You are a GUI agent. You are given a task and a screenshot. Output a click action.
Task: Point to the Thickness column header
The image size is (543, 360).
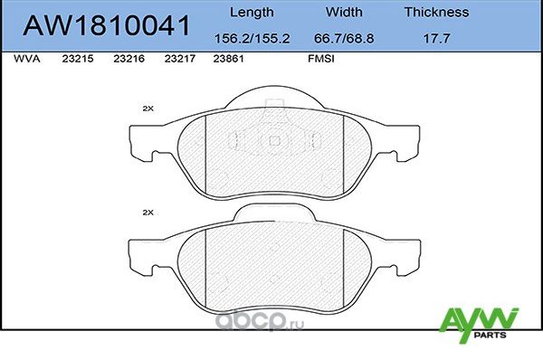[436, 13]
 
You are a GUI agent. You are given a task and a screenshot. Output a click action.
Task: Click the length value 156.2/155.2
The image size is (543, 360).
[250, 39]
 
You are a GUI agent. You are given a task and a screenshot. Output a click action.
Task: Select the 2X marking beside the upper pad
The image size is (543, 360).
[148, 109]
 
